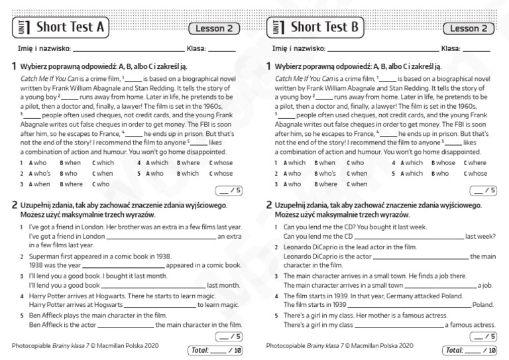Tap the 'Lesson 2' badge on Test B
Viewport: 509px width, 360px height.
pos(469,28)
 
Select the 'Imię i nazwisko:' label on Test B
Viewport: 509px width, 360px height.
pos(299,48)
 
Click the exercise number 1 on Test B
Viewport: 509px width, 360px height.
pos(268,66)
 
